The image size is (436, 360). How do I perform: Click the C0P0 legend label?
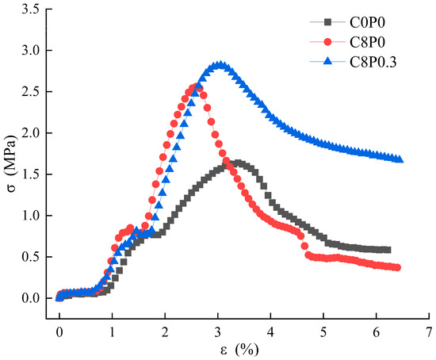coord(367,22)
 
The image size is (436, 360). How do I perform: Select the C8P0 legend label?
coord(367,42)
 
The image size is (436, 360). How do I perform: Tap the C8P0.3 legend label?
coord(373,62)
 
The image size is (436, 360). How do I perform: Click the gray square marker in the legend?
coord(328,22)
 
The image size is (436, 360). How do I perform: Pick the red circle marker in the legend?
coord(328,42)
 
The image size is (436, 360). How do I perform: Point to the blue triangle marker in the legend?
coord(328,61)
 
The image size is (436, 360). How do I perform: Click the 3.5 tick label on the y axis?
coord(31,10)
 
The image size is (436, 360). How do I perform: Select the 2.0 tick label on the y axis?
coord(31,133)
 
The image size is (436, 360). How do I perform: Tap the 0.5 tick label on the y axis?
coord(31,257)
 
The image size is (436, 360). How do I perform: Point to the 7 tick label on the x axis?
coord(429,332)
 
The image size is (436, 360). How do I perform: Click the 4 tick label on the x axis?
coord(270,332)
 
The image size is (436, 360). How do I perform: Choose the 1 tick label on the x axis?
coord(112,332)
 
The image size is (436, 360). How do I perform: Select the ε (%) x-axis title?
coord(239,350)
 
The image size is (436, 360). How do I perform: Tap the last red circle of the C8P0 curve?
coord(397,268)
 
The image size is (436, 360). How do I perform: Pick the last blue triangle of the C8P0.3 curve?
coord(400,159)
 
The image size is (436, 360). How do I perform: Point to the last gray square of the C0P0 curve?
coord(388,250)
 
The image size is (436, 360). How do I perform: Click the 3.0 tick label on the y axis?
coord(31,51)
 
